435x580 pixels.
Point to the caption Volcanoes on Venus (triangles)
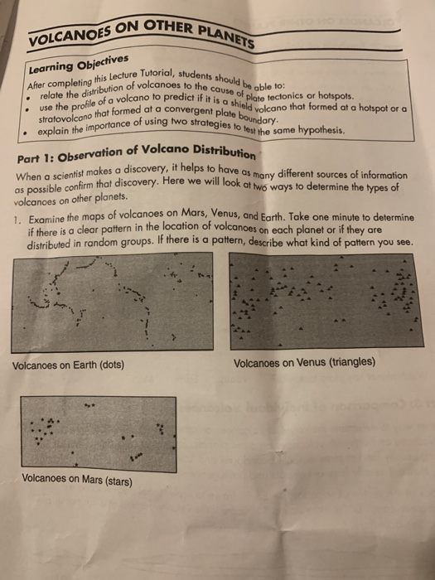click(x=304, y=362)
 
